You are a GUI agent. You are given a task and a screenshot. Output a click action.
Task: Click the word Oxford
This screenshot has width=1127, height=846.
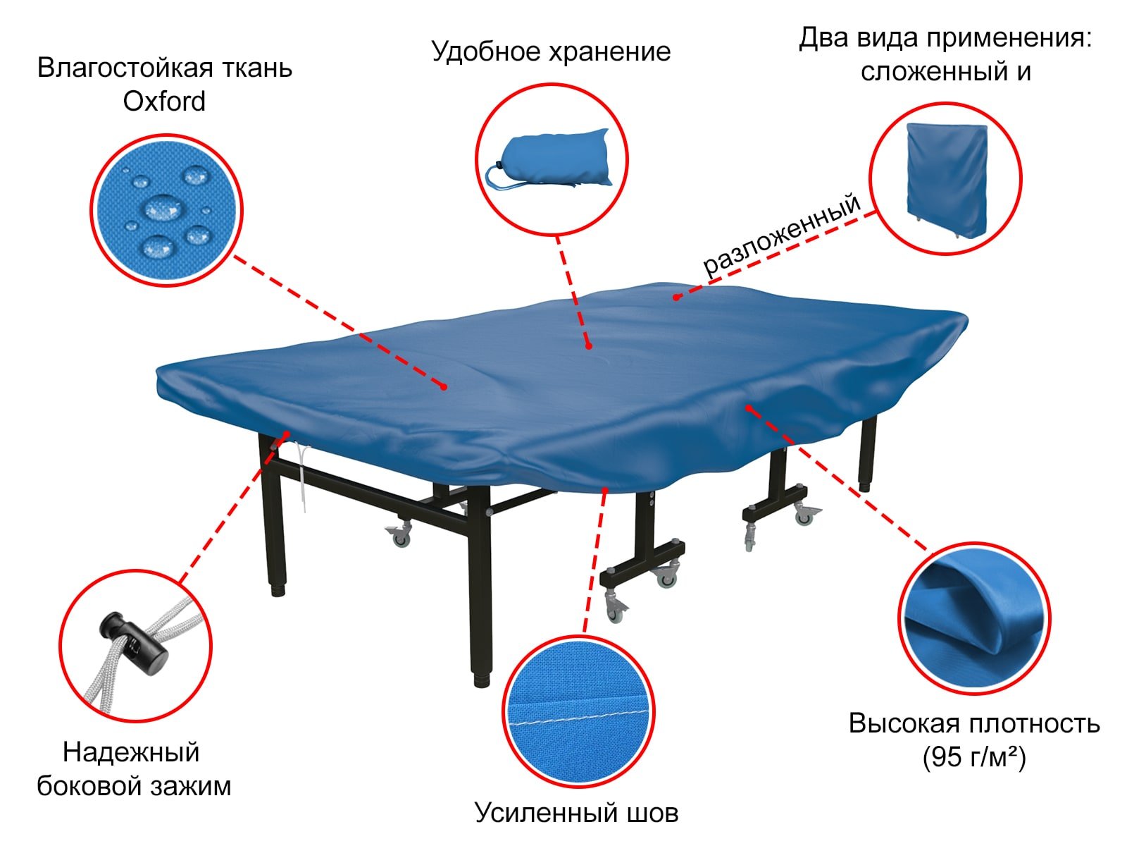pos(164,102)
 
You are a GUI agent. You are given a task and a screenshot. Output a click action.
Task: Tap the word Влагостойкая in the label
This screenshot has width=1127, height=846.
pos(125,68)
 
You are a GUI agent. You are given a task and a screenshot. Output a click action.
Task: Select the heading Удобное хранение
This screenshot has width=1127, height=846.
pos(551,52)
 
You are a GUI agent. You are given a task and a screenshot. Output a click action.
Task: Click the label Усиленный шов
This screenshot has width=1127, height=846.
pos(576,812)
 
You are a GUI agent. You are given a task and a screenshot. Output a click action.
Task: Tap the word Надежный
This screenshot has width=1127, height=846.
pos(131,752)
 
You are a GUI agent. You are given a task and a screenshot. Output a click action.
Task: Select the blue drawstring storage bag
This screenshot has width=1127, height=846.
pos(549,158)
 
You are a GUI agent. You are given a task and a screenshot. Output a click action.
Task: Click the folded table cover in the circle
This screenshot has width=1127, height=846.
pos(947,180)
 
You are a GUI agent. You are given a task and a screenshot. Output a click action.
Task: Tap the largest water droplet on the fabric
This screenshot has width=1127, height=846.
pos(163,208)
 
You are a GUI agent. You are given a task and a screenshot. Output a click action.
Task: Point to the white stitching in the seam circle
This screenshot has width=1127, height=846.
pos(578,717)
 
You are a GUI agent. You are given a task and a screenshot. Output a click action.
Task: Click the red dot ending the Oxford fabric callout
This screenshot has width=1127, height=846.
pos(444,387)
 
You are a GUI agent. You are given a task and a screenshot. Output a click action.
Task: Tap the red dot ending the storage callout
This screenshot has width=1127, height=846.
pos(589,346)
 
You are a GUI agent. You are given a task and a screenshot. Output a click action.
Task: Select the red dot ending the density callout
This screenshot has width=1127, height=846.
pos(749,408)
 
